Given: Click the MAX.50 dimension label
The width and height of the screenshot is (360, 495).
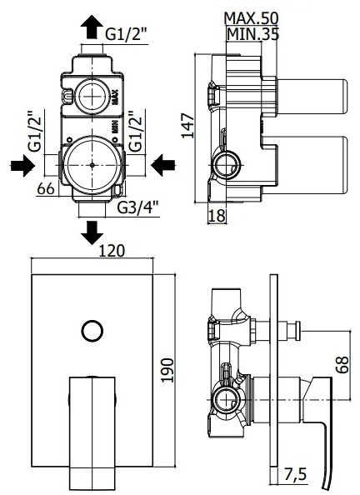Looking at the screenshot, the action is click(251, 18).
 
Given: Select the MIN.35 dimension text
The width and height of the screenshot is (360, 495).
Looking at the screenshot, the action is click(253, 34).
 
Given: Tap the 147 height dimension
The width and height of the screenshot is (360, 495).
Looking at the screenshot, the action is click(187, 125).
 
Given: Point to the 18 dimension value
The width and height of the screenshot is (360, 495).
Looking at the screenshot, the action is click(217, 216).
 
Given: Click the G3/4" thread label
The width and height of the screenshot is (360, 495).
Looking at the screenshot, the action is click(138, 207).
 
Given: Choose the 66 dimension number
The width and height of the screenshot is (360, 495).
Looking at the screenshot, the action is click(46, 189).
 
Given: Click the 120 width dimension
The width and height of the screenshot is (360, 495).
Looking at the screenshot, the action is click(112, 251).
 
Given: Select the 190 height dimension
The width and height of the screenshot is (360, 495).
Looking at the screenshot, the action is click(167, 370).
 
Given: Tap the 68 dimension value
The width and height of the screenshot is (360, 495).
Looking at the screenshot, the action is click(342, 365).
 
